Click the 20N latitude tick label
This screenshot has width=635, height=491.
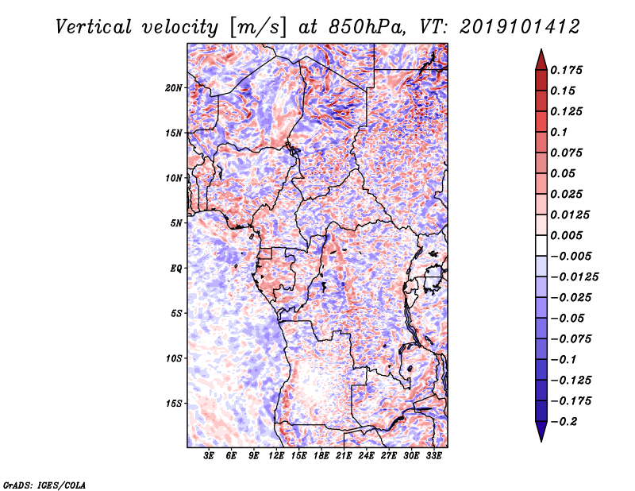[174, 87]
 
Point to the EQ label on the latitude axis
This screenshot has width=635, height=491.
[175, 269]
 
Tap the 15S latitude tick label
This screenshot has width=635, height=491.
[174, 404]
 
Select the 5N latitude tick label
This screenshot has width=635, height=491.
[176, 223]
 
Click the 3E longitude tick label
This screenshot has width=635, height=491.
[209, 456]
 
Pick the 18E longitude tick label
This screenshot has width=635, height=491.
[321, 456]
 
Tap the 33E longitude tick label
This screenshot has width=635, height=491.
[433, 456]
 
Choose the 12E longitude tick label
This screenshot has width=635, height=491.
[276, 456]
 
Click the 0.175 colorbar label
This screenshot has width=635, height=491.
[566, 70]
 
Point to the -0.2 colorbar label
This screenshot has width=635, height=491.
[564, 422]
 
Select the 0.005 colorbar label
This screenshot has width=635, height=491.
[566, 235]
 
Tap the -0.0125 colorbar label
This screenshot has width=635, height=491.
[574, 277]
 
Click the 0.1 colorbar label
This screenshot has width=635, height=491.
[559, 132]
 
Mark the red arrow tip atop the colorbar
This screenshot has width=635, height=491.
[541, 49]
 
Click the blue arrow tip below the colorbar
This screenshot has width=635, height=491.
[541, 441]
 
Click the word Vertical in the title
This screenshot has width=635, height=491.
[94, 27]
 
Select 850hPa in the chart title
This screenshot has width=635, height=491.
[366, 27]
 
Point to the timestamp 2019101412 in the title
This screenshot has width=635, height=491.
[520, 27]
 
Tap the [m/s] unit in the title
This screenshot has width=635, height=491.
[258, 28]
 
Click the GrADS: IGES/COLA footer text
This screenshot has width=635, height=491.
[44, 485]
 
